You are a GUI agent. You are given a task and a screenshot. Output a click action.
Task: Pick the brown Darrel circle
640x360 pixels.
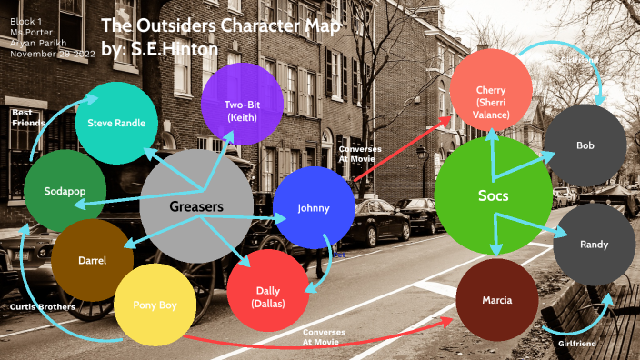point(92,261)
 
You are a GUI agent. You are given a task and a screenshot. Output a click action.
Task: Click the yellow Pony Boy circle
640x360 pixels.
point(155,305)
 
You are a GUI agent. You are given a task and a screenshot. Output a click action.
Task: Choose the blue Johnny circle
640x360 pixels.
point(313,208)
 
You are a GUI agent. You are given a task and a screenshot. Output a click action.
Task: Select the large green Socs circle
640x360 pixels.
point(494,195)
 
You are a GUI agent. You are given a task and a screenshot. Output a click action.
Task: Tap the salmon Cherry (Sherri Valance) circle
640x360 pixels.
point(490,96)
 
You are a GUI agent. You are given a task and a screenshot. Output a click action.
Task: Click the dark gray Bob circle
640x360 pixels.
point(585,145)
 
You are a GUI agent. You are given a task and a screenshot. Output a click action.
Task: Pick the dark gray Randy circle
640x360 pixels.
point(595,245)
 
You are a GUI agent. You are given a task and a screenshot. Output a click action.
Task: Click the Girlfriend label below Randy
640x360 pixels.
point(576,344)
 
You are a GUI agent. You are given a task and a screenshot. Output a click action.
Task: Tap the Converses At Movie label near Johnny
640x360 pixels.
point(360,152)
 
